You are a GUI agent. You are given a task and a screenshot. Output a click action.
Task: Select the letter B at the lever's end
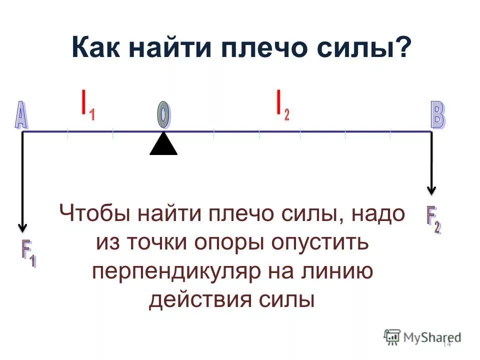437,116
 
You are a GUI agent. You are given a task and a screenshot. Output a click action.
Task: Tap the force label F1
28,254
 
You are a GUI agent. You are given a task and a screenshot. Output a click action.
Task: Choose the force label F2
433,219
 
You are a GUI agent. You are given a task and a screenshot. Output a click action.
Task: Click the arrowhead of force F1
22,227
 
